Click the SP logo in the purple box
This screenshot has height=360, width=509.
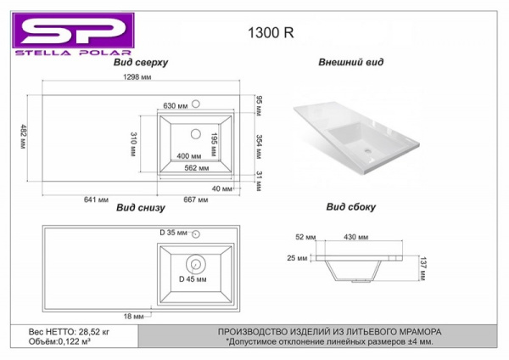73,31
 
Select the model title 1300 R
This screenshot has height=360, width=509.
271,33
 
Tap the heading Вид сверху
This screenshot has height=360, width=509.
141,62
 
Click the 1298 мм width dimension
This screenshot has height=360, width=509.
137,77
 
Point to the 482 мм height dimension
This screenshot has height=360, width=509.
24,137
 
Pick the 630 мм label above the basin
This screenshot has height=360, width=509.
176,106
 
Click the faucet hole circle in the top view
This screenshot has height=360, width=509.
196,104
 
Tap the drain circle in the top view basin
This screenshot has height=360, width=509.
196,133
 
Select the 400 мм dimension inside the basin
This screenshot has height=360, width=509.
189,156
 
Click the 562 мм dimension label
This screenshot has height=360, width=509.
197,168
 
